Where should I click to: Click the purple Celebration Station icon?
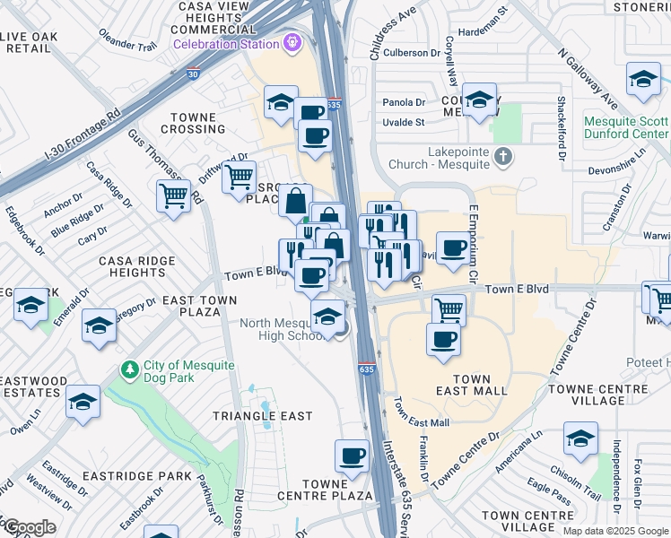292,42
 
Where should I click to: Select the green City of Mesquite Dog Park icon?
130,369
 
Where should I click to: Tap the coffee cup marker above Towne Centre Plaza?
352,456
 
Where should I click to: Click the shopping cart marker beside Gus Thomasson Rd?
174,195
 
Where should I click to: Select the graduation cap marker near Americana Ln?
580,438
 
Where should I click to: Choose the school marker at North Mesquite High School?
327,316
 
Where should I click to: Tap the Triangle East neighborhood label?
262,416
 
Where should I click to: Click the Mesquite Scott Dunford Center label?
625,128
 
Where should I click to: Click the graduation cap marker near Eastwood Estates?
83,402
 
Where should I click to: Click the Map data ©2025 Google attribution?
615,531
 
